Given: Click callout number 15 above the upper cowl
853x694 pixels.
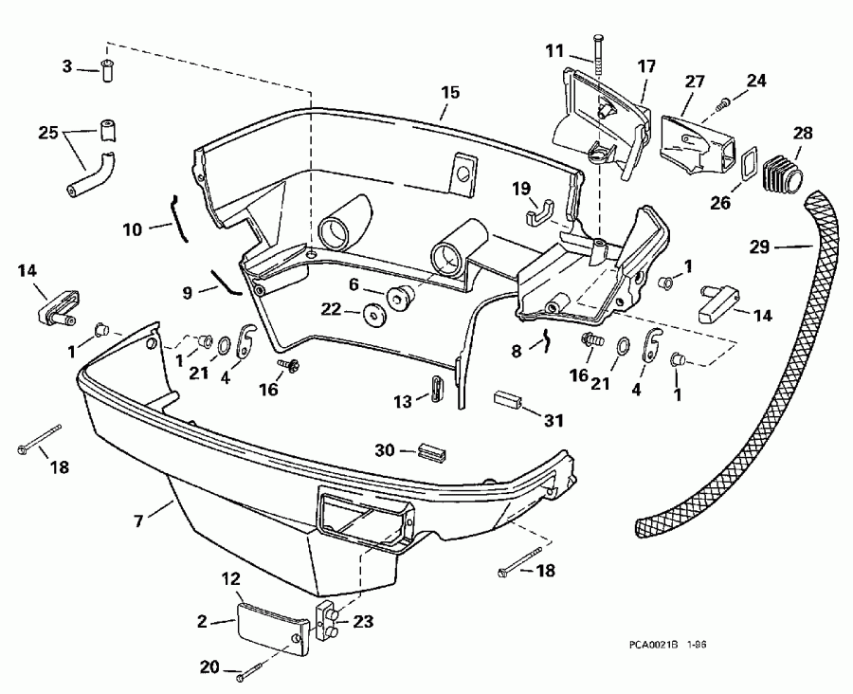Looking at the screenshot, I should click(449, 92).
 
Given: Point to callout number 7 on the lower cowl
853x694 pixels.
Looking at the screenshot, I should click(140, 520).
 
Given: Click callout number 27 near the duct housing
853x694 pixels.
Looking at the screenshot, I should click(695, 82).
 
